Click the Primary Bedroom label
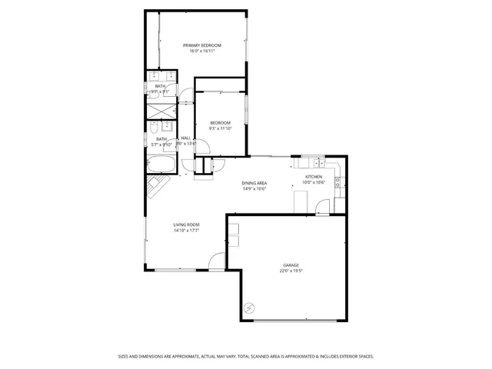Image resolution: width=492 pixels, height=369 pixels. click(201, 45)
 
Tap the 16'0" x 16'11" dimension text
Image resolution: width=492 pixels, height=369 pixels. click(201, 52)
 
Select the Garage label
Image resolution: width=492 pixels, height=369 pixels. click(290, 265)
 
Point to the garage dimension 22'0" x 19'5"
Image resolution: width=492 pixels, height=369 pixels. click(290, 271)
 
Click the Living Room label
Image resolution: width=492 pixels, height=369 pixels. click(186, 224)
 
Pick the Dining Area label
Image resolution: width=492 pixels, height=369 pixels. click(254, 183)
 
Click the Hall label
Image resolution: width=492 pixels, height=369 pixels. click(186, 138)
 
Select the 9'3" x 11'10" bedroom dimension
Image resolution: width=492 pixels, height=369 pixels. click(221, 129)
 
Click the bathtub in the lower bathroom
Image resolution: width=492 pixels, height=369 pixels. click(161, 165)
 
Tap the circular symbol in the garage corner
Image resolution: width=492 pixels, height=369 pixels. click(248, 308)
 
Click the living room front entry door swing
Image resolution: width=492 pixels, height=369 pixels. click(217, 261)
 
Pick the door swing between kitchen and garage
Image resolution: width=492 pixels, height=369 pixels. click(322, 207)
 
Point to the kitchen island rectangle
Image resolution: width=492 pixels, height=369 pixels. click(300, 201)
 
